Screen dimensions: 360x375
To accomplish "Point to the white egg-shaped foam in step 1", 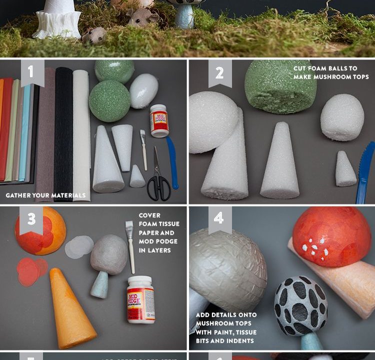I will click(x=143, y=90).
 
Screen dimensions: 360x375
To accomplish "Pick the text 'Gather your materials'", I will click(x=45, y=195).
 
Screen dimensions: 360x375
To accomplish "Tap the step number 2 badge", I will click(x=220, y=72).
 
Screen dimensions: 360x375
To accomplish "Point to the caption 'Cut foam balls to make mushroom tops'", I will click(x=331, y=73).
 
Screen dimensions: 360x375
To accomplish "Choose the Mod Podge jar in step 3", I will click(x=140, y=299).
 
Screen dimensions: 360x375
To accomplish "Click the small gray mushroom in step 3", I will click(x=107, y=262).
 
